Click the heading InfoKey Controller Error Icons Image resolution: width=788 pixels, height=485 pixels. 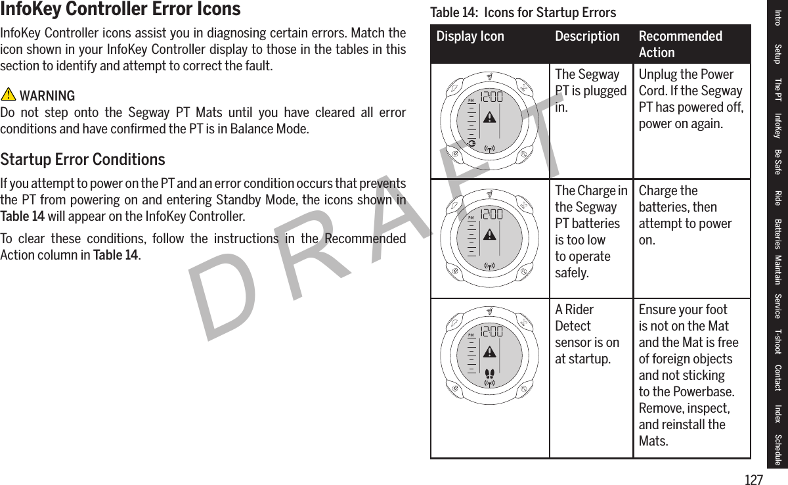tap(121, 10)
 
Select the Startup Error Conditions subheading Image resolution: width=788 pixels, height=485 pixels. tap(83, 160)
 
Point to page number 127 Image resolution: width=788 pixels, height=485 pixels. tap(754, 480)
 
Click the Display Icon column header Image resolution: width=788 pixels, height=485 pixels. tap(470, 36)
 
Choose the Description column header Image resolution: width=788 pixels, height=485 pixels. tap(587, 36)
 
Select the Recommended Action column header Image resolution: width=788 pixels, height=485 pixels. tap(680, 44)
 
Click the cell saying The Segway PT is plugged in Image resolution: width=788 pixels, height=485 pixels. tap(590, 91)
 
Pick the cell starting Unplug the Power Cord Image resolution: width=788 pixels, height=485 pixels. tap(691, 99)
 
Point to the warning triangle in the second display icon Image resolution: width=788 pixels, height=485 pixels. tap(489, 234)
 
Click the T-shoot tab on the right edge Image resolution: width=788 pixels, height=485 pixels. tap(777, 341)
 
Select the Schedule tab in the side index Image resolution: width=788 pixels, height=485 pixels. tap(777, 450)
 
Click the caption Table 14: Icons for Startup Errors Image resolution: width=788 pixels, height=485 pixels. tap(523, 12)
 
